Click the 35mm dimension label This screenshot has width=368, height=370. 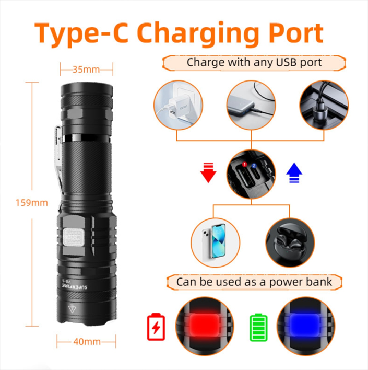pyautogui.click(x=87, y=68)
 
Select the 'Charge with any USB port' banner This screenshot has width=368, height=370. pyautogui.click(x=254, y=63)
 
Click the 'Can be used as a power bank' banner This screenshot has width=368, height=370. pyautogui.click(x=254, y=282)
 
